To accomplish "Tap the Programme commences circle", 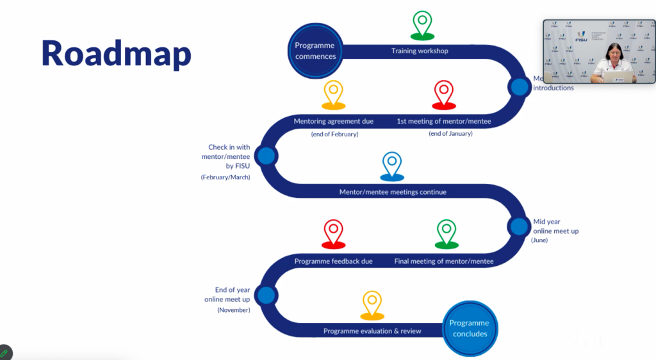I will [x=315, y=51].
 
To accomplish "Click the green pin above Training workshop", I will [x=422, y=25].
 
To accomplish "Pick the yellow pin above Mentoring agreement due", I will [x=334, y=94].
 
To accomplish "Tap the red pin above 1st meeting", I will [x=443, y=94].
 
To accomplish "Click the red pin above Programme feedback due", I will [x=334, y=233].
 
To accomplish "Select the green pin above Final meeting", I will [x=447, y=233].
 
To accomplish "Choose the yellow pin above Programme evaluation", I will [x=372, y=304].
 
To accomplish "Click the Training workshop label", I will [x=420, y=51].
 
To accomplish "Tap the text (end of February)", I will [x=334, y=134].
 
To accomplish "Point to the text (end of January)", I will [x=450, y=133].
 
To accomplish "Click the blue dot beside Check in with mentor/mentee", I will [x=266, y=156].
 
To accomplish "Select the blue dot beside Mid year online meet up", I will [x=519, y=226].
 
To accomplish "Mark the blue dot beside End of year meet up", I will [x=266, y=295].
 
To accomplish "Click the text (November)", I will [x=234, y=310].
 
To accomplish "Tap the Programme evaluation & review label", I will [x=372, y=331].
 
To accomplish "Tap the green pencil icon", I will [x=4, y=353].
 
